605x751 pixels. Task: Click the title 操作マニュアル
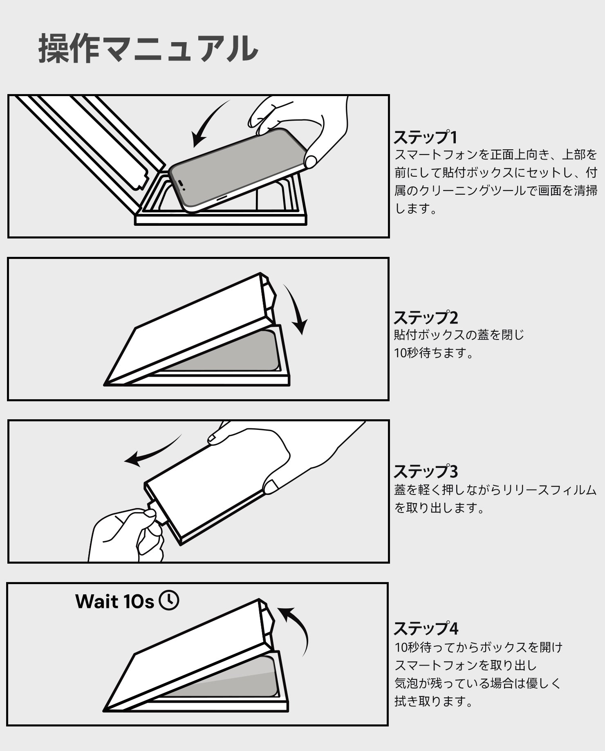148,49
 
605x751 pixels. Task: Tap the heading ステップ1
425,137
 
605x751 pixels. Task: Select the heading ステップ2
426,317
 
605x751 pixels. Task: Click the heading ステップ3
426,472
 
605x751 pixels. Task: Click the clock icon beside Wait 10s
169,600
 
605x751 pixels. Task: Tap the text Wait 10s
114,601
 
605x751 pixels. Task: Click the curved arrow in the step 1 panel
208,123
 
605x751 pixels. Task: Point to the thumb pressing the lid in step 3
271,486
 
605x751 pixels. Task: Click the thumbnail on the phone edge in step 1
310,162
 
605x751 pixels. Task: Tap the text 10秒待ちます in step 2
433,353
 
